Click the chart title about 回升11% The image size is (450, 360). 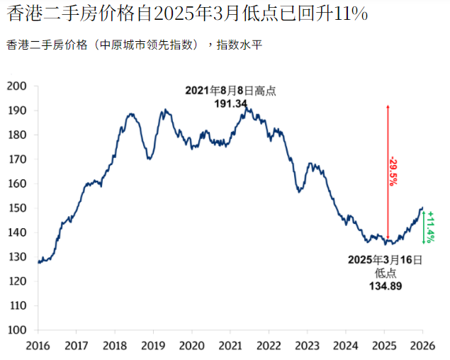(186, 14)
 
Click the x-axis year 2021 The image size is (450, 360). (230, 346)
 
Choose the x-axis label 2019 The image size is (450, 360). (153, 346)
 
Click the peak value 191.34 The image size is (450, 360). (230, 103)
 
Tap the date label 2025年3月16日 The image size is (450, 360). (386, 260)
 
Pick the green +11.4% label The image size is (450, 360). (431, 226)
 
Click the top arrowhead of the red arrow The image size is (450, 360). (388, 107)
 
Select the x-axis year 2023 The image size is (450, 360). (307, 346)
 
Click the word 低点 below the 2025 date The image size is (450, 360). (386, 273)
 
